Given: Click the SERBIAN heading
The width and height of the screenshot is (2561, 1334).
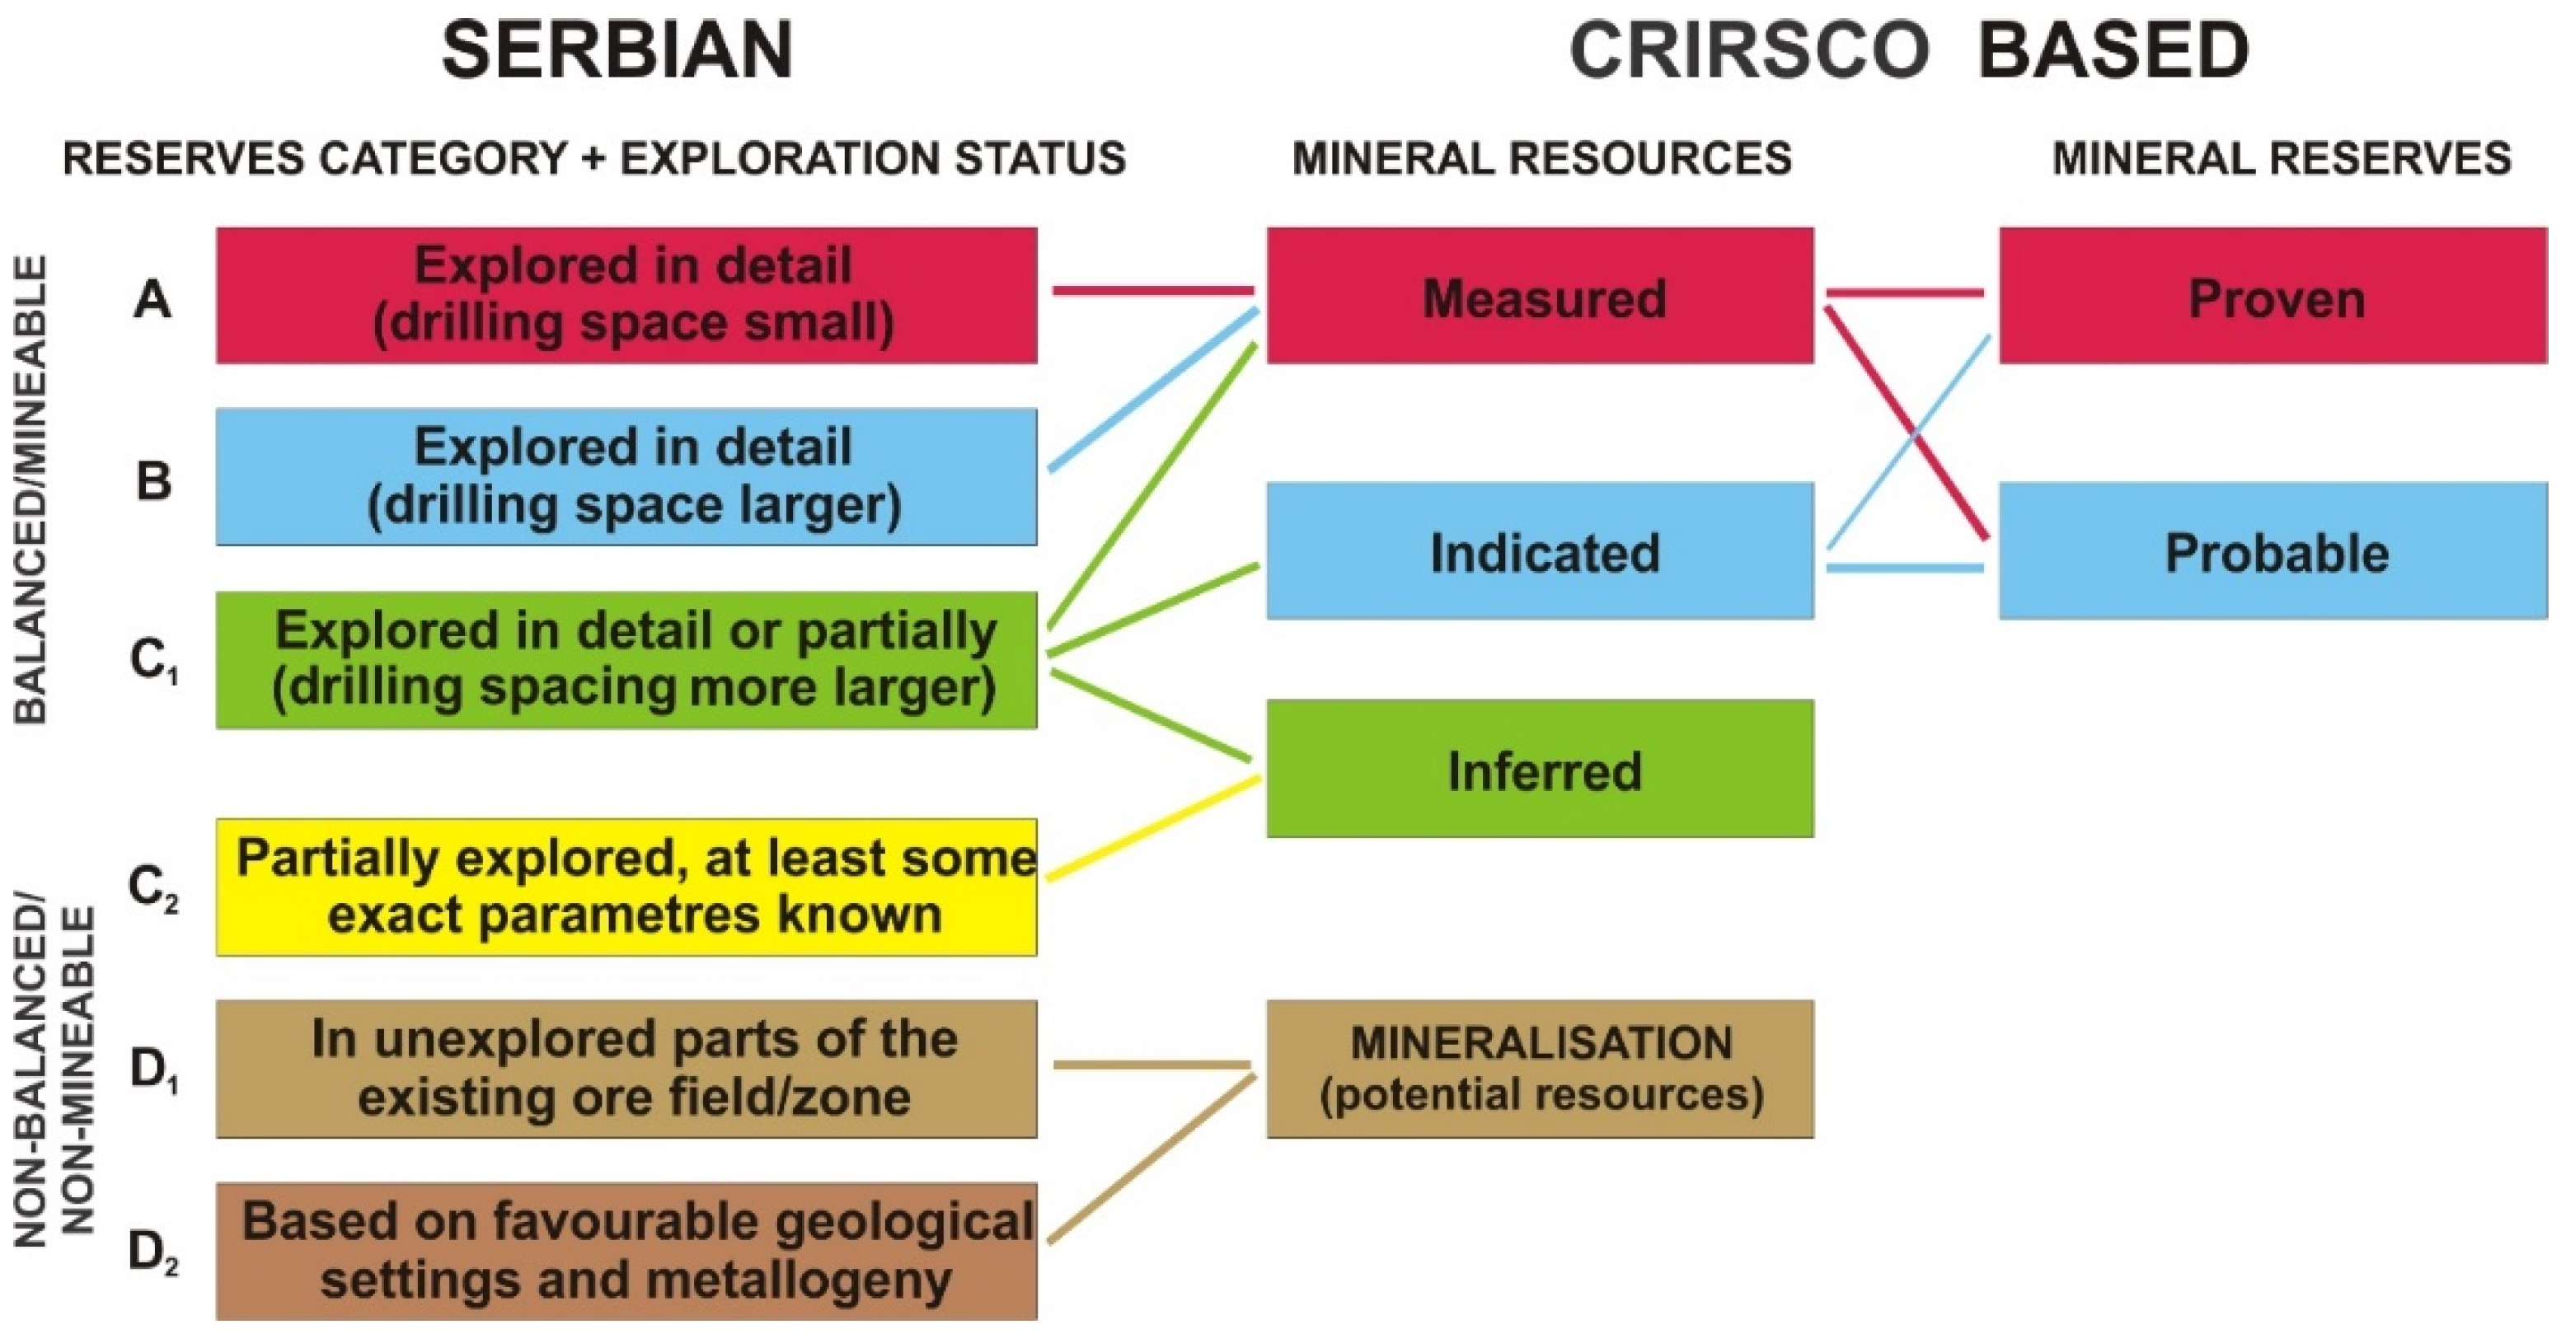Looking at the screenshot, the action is [617, 51].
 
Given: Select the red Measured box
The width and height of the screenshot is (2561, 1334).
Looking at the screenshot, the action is [1540, 295].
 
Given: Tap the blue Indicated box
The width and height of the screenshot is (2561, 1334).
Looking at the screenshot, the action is [1540, 550].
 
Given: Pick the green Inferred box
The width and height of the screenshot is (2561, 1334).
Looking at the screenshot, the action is [1540, 769].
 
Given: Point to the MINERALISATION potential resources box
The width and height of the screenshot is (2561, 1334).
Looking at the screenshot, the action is [1540, 1069].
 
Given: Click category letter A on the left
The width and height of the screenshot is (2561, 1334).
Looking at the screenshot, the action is [152, 298].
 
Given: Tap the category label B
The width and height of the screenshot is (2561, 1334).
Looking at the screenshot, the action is [153, 481].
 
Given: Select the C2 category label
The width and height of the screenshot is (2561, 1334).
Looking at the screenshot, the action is [154, 887].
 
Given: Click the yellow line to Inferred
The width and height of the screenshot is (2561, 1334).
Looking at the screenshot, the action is [1154, 828].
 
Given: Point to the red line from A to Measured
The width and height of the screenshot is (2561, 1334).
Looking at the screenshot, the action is [1153, 291].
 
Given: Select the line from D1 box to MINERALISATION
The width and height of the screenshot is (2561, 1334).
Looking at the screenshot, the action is [1152, 1065].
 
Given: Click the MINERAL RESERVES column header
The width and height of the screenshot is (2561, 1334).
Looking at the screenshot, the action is [2282, 159].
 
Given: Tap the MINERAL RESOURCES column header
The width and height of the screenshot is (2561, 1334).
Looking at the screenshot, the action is [1542, 159].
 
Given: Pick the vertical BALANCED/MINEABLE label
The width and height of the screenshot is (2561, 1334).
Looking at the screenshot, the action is [30, 490].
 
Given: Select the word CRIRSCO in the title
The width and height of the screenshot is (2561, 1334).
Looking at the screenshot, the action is [1750, 51].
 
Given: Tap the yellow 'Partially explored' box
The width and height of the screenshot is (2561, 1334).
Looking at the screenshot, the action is [626, 887].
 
